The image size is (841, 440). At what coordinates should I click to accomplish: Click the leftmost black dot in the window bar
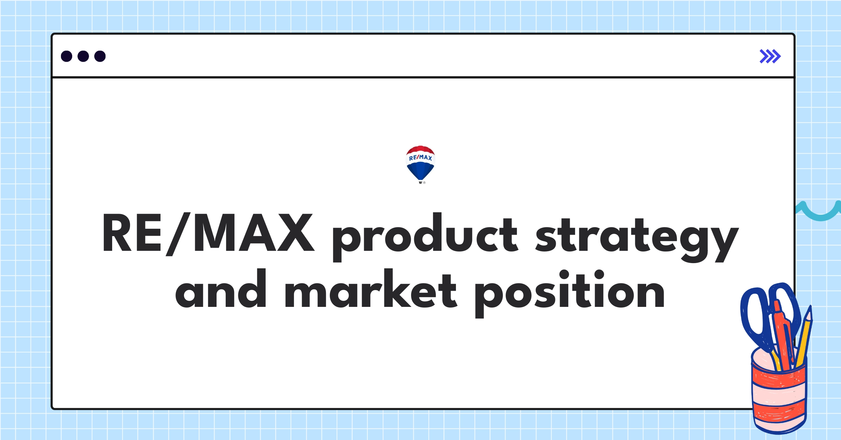pyautogui.click(x=67, y=56)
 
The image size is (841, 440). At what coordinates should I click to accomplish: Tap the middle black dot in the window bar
pyautogui.click(x=83, y=56)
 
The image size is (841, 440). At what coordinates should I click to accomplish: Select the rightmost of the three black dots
pyautogui.click(x=100, y=56)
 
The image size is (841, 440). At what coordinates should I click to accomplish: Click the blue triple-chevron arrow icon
pyautogui.click(x=770, y=56)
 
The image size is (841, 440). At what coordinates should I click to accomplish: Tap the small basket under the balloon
pyautogui.click(x=420, y=182)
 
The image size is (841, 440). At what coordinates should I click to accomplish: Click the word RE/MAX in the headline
pyautogui.click(x=208, y=233)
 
